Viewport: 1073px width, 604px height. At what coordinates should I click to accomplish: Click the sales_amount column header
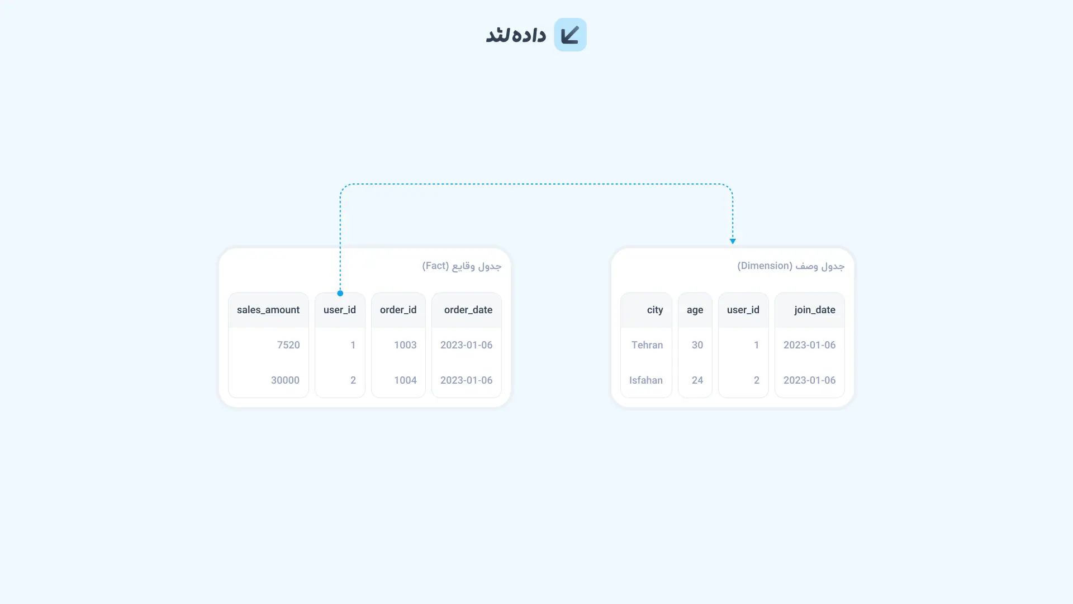point(268,310)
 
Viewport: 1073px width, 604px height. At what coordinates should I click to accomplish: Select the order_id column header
point(398,310)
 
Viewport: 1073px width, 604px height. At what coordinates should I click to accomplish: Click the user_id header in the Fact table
point(340,310)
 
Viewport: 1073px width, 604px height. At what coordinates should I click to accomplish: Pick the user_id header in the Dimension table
point(743,310)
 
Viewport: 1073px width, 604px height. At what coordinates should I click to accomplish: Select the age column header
point(695,310)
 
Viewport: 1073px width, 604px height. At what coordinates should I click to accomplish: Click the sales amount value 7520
point(288,345)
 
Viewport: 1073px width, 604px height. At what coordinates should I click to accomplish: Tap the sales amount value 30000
point(285,380)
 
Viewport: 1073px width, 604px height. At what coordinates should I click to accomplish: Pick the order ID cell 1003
point(405,345)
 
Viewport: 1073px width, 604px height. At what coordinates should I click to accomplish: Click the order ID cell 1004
point(405,380)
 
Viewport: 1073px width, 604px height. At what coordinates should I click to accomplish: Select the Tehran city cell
point(647,345)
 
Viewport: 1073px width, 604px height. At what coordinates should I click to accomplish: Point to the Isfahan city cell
point(646,380)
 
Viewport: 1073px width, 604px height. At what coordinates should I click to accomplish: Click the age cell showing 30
point(697,345)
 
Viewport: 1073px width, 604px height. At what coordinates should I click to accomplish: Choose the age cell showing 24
point(697,380)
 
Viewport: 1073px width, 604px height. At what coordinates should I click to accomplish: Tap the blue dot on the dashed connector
point(340,293)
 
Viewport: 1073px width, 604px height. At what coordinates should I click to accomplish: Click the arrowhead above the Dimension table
point(733,242)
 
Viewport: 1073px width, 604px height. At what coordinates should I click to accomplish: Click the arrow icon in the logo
point(570,35)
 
